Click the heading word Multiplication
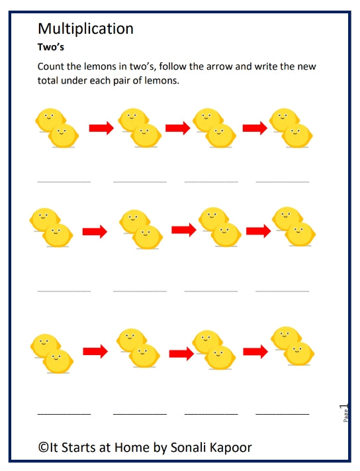tap(85, 28)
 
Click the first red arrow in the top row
tap(101, 127)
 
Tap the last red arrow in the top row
tap(254, 127)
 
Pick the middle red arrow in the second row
tap(184, 230)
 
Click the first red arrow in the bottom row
tap(95, 352)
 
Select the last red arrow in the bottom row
tap(255, 352)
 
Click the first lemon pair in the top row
tap(58, 128)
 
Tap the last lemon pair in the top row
tap(291, 128)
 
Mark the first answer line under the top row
tap(64, 181)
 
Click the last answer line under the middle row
tap(282, 291)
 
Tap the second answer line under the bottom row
tap(140, 414)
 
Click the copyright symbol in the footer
tap(43, 448)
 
